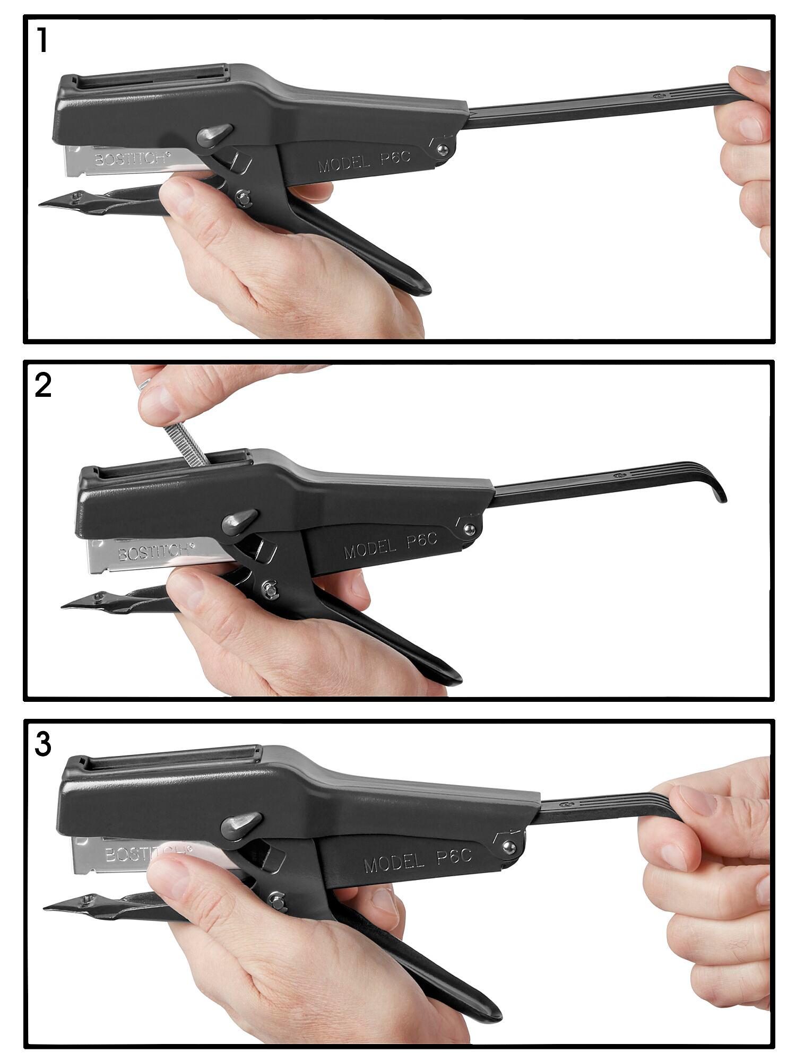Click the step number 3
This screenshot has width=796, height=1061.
click(x=43, y=745)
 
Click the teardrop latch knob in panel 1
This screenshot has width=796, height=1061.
click(x=214, y=135)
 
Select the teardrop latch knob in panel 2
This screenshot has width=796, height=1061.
click(x=239, y=521)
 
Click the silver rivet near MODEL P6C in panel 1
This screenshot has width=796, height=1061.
click(x=442, y=150)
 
